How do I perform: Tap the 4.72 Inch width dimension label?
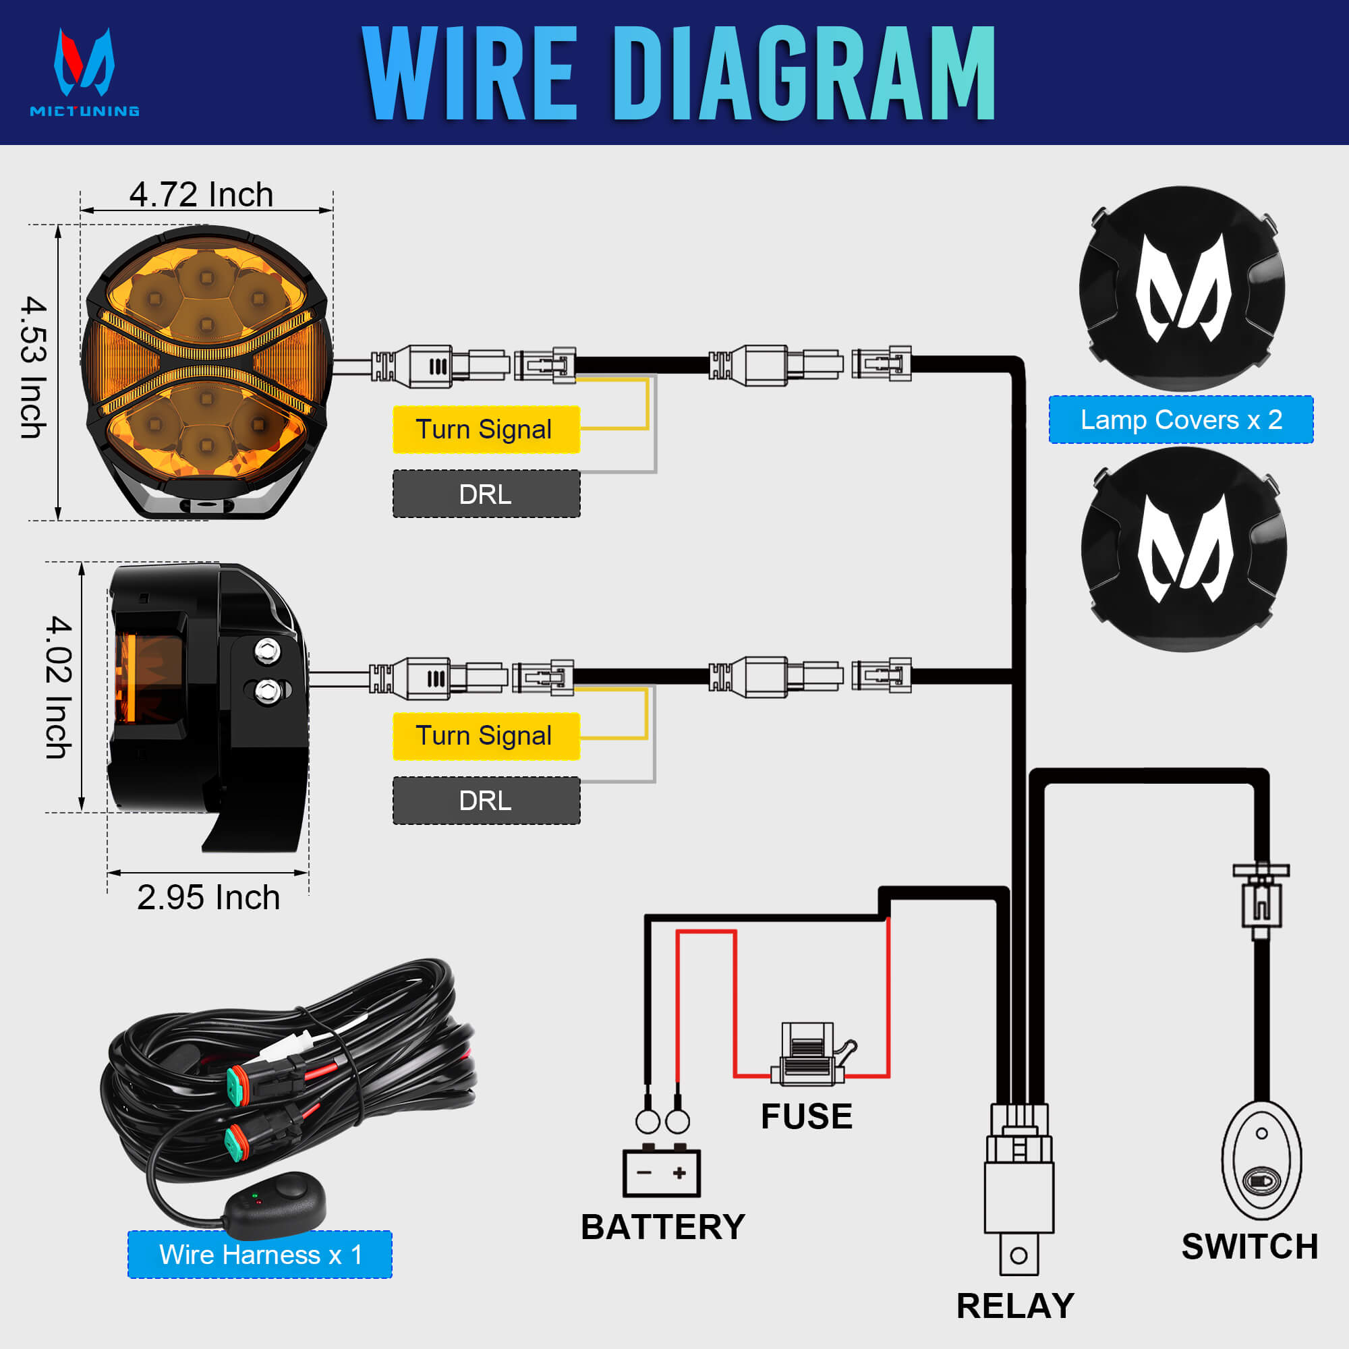click(x=201, y=194)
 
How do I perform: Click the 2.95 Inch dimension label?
click(x=208, y=897)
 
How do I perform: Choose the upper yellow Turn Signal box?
click(x=486, y=430)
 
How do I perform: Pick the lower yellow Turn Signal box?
click(x=486, y=736)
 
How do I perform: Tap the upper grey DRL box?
click(x=486, y=494)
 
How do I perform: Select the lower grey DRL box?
click(x=486, y=800)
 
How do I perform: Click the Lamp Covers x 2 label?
click(x=1181, y=420)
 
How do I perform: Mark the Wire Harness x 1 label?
click(x=260, y=1255)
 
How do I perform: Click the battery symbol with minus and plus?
click(x=661, y=1173)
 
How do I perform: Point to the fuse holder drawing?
click(x=809, y=1056)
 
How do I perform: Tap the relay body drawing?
click(x=1018, y=1195)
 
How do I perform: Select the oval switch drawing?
click(x=1261, y=1160)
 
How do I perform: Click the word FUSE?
click(x=807, y=1116)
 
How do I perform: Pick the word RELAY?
click(x=1014, y=1306)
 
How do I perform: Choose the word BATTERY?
click(x=662, y=1228)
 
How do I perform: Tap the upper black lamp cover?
click(x=1182, y=288)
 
